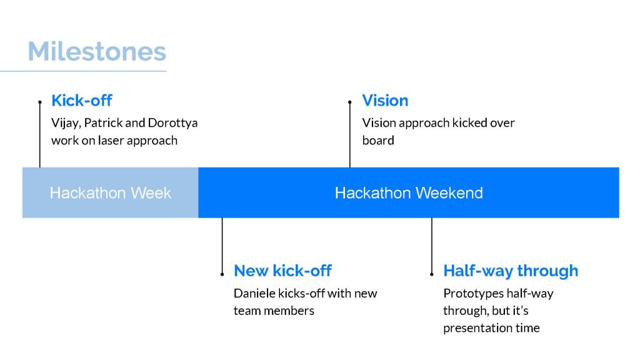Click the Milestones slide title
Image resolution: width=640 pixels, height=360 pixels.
97,51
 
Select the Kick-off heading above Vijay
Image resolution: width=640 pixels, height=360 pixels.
82,101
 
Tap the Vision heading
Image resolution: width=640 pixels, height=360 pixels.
385,101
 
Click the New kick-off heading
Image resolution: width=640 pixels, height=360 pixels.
282,271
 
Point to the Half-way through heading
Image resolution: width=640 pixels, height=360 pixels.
511,271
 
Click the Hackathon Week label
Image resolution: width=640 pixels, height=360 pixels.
110,192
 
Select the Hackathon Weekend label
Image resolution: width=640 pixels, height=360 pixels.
409,192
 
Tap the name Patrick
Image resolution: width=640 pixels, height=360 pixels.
103,122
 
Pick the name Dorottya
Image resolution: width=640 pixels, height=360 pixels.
172,123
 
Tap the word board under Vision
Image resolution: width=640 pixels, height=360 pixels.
378,141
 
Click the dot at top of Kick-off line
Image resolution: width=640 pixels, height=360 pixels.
40,102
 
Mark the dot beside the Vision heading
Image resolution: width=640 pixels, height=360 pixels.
350,102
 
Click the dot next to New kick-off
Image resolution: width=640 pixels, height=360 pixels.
222,274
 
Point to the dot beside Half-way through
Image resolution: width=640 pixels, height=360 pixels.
432,274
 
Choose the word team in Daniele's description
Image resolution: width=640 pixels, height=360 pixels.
247,311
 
